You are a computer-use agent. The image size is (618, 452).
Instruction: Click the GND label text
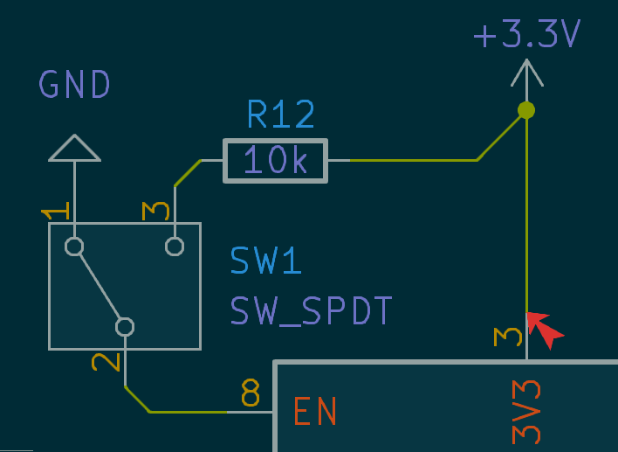[x=75, y=85]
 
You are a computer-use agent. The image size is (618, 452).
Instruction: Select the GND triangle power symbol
[x=75, y=150]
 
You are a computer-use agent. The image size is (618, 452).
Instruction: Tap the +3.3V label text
[x=526, y=35]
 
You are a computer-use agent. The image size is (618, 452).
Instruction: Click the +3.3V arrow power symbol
[x=526, y=73]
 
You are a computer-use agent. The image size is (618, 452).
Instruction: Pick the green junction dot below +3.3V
[x=526, y=110]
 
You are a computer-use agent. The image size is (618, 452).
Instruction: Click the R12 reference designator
[x=280, y=115]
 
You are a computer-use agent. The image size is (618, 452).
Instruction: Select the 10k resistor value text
[x=275, y=161]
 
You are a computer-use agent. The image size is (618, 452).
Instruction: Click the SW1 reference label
[x=266, y=261]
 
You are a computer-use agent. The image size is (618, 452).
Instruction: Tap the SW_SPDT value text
[x=312, y=310]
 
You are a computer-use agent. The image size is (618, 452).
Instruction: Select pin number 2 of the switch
[x=105, y=360]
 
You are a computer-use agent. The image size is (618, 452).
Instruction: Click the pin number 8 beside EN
[x=251, y=394]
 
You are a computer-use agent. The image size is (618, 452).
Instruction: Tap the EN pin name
[x=315, y=412]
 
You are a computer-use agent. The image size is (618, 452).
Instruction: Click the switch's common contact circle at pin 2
[x=125, y=327]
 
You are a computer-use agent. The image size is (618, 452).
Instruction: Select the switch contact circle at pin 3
[x=175, y=247]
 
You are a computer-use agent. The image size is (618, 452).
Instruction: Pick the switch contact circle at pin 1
[x=74, y=247]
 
